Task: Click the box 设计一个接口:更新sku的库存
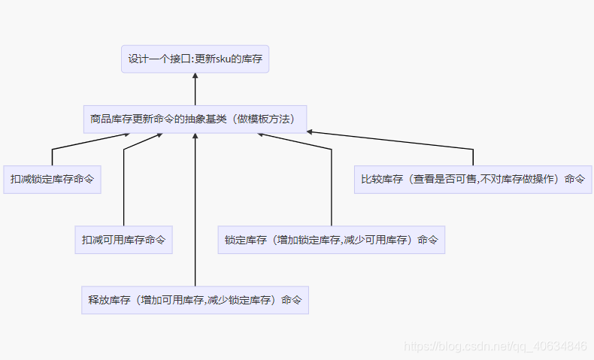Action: (x=195, y=59)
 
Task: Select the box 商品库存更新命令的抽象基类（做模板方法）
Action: (x=195, y=119)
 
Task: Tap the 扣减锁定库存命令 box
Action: (x=51, y=180)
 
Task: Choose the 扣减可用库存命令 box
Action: (x=123, y=240)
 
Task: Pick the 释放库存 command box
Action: (x=195, y=300)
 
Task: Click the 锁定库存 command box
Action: (x=331, y=240)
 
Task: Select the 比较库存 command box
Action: (x=473, y=180)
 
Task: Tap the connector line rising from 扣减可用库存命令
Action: (x=123, y=188)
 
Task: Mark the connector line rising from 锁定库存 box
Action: (x=331, y=188)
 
